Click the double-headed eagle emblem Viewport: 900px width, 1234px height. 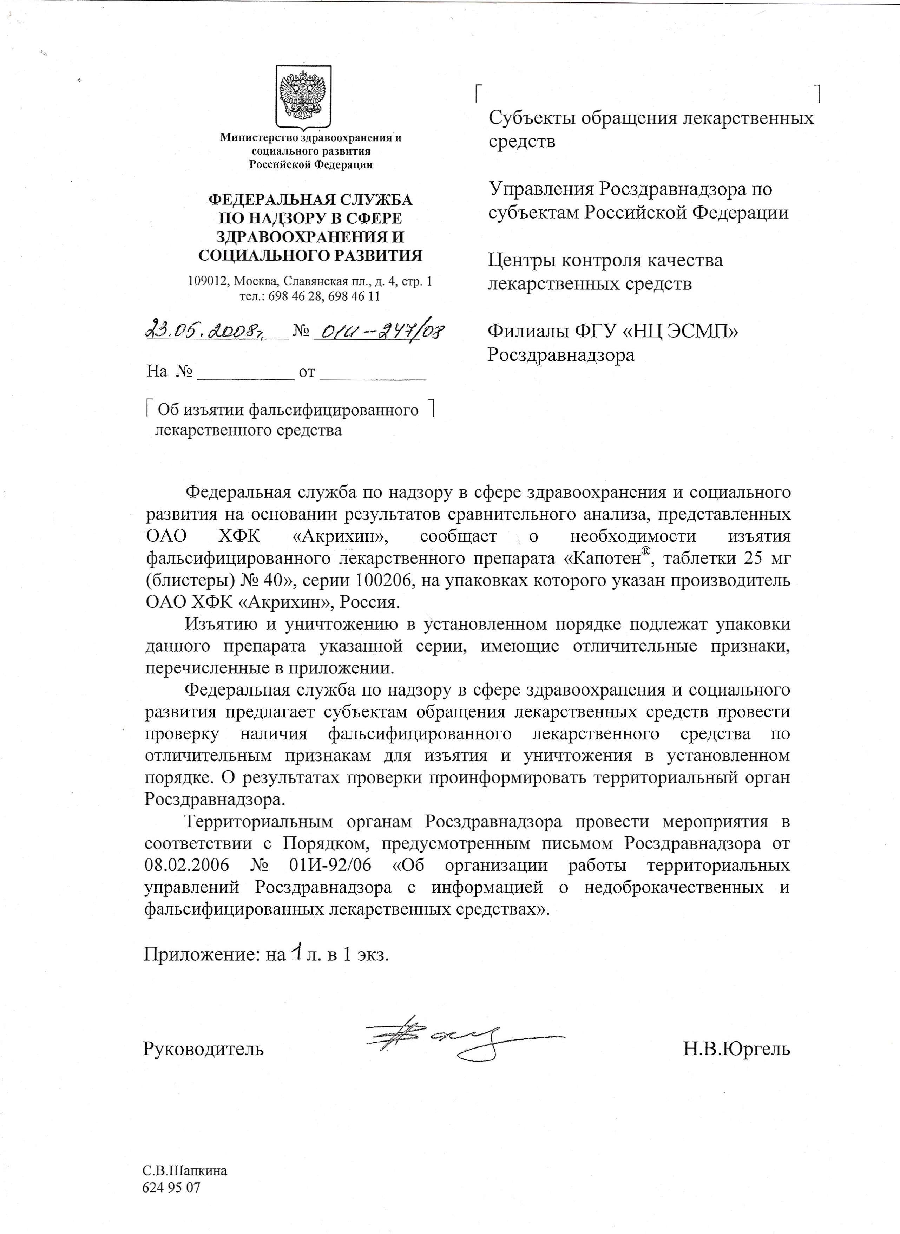coord(303,97)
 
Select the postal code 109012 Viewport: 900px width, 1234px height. coord(209,282)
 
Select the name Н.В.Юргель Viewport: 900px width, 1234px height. coord(737,1048)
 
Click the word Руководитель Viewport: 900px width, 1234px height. coord(203,1048)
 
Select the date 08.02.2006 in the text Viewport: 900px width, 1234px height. coord(188,866)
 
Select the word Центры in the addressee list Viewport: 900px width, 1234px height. coord(520,260)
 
